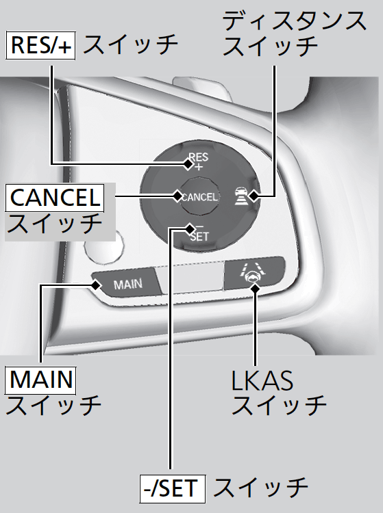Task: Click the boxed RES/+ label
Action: (x=40, y=45)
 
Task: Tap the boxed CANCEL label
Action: (x=55, y=198)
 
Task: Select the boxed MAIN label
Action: (x=40, y=380)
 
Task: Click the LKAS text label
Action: (x=262, y=380)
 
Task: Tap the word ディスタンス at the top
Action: (x=294, y=21)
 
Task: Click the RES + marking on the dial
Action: (x=199, y=161)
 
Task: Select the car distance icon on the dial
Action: (x=240, y=196)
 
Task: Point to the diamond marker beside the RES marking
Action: (x=188, y=164)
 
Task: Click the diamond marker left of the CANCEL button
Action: (x=177, y=196)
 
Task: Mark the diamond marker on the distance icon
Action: (x=254, y=196)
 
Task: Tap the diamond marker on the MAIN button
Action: (x=96, y=285)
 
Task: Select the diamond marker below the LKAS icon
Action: (x=255, y=288)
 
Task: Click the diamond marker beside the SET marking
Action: (x=190, y=228)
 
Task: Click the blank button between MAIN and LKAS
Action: (x=190, y=278)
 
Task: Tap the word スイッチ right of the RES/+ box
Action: (x=130, y=45)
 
